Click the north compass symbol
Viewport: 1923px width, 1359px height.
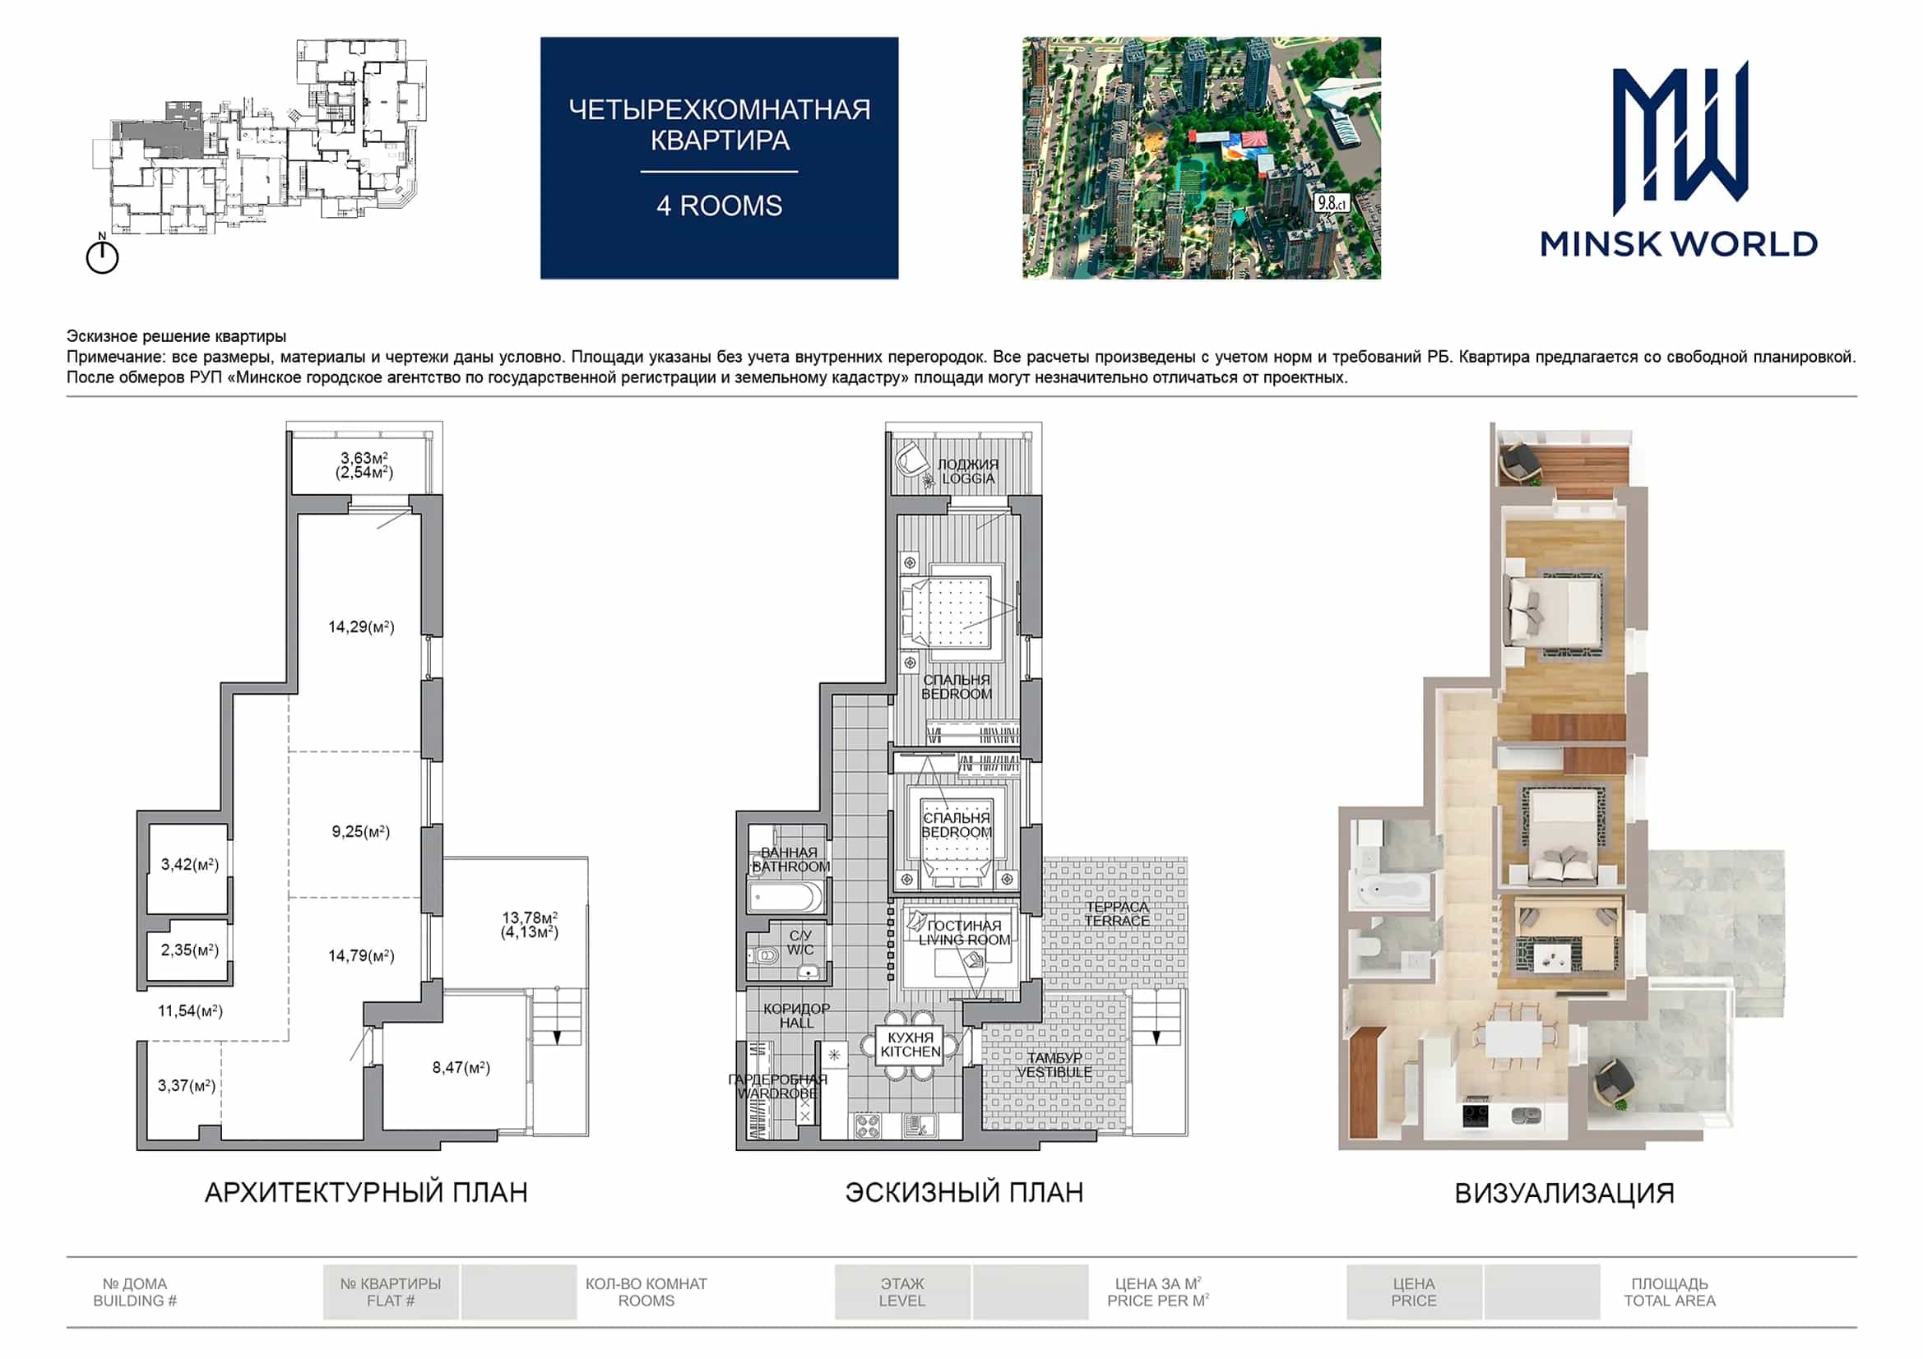click(102, 254)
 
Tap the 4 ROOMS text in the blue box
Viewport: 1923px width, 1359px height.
click(720, 206)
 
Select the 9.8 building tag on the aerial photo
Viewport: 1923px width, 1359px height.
click(1331, 202)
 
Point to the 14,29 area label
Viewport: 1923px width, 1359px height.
click(361, 626)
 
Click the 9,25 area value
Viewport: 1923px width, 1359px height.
click(361, 831)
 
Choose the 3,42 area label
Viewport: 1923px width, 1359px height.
click(189, 864)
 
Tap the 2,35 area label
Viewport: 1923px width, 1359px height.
click(189, 950)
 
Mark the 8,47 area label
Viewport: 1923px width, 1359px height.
click(461, 1068)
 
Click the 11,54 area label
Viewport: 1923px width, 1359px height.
click(190, 1010)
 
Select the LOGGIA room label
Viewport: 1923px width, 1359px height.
click(967, 478)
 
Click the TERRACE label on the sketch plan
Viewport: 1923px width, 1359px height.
click(1116, 921)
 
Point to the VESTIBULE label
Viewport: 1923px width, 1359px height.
click(1054, 1072)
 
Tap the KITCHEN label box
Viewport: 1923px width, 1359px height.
click(911, 1045)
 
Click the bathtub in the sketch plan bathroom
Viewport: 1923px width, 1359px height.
click(785, 898)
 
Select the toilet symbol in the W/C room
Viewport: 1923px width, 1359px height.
click(765, 955)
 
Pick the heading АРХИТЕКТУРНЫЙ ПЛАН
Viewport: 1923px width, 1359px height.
click(366, 1192)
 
